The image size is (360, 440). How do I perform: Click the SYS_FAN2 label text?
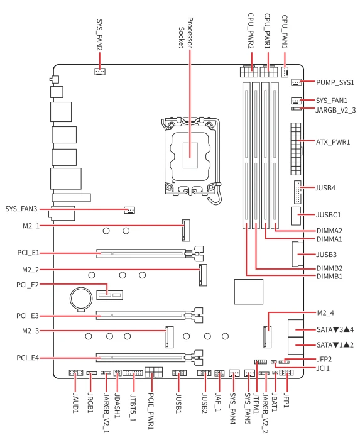[x=99, y=35]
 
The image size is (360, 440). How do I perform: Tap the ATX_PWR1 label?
[x=333, y=142]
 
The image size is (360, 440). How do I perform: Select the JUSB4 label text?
[x=325, y=188]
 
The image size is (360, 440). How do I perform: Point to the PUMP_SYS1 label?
[x=335, y=82]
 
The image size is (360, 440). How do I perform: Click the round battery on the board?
[x=81, y=299]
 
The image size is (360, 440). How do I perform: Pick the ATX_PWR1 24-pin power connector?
[x=296, y=149]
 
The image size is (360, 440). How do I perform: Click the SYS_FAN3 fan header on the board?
[x=129, y=210]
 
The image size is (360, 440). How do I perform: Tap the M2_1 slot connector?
[x=186, y=231]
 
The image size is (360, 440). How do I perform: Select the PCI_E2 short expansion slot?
[x=109, y=295]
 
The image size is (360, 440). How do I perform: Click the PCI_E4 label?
[x=28, y=358]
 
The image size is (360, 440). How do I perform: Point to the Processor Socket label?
[x=185, y=33]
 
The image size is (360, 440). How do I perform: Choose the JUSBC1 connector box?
[x=296, y=216]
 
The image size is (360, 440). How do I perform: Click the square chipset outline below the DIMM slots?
[x=249, y=292]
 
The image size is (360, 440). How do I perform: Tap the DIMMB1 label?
[x=329, y=277]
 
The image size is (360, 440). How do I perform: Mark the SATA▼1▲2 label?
[x=335, y=344]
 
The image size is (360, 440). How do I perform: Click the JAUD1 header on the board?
[x=75, y=373]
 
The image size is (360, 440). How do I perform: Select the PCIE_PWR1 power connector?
[x=154, y=372]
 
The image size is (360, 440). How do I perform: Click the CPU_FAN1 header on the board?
[x=285, y=72]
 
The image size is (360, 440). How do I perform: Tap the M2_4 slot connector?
[x=267, y=337]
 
